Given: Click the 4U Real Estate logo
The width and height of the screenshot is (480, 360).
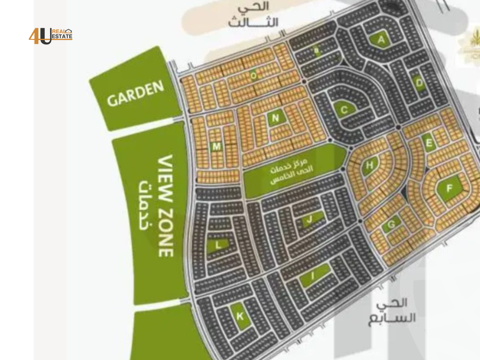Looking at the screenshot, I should (x=50, y=36).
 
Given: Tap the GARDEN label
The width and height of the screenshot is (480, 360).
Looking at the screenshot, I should (x=135, y=94).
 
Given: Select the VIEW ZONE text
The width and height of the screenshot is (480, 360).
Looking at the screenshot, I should (x=166, y=205).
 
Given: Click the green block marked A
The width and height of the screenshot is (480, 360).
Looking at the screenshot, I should (x=382, y=40).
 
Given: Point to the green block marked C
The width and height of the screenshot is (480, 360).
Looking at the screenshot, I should (x=344, y=110).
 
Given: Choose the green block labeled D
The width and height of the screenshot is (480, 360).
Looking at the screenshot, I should (x=420, y=83).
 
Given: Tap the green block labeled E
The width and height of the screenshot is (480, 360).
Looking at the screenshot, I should (x=429, y=142).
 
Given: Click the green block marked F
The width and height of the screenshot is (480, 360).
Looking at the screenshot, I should (x=449, y=188).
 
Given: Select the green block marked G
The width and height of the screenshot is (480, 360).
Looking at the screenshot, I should (x=392, y=224).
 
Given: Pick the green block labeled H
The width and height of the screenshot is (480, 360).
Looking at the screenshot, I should (x=369, y=166).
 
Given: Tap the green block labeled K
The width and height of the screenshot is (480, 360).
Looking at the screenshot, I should (x=240, y=316).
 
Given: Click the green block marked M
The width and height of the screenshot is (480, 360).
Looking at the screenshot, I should (x=216, y=146).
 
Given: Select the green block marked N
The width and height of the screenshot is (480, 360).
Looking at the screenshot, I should (x=275, y=118).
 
